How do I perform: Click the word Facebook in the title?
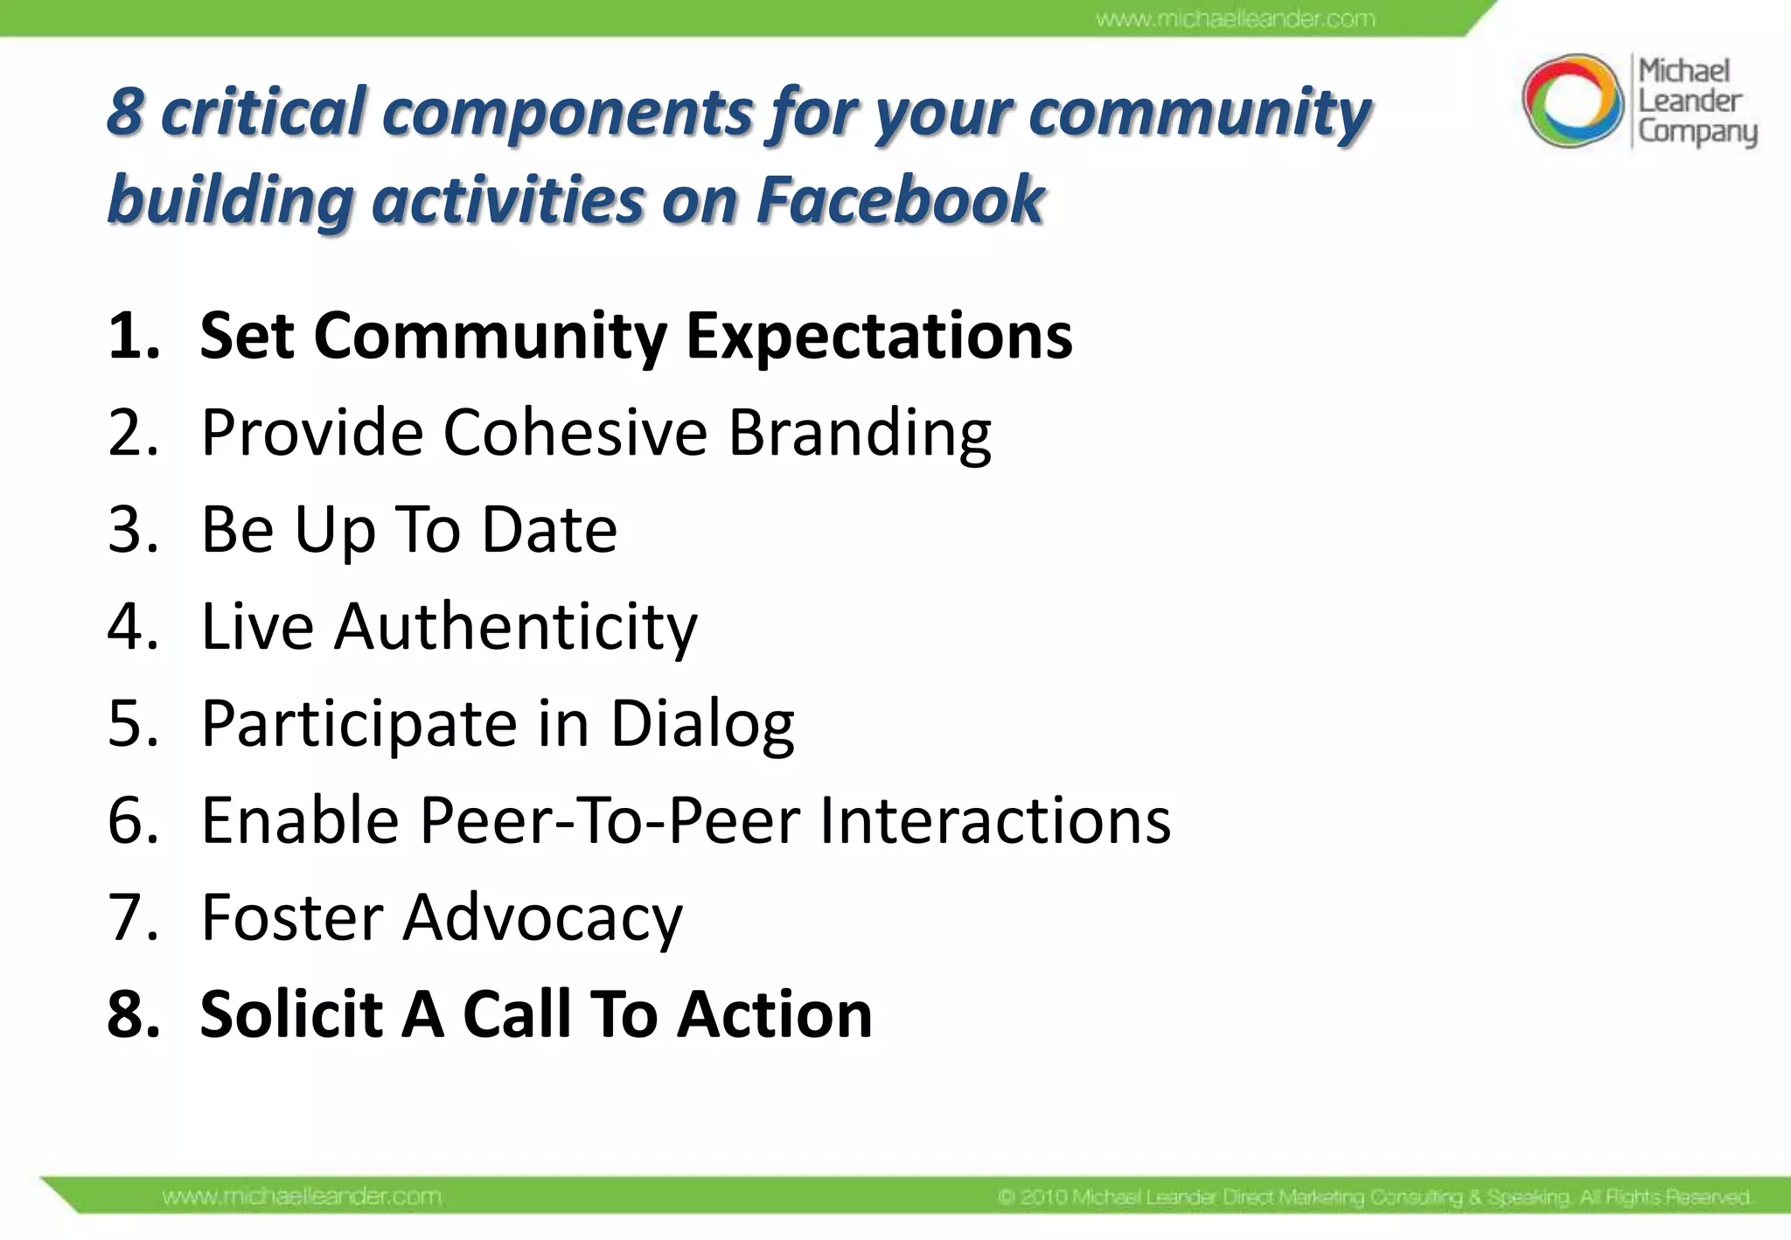click(x=900, y=199)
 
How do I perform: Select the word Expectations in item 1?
click(x=879, y=337)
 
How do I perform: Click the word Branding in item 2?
click(x=860, y=434)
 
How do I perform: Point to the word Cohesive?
click(x=575, y=432)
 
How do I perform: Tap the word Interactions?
click(x=994, y=821)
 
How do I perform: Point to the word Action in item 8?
click(x=775, y=1015)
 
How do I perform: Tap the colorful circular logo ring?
click(x=1571, y=101)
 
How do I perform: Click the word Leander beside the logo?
click(x=1690, y=101)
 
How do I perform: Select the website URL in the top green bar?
click(x=1235, y=18)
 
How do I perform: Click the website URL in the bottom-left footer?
click(x=302, y=1196)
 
